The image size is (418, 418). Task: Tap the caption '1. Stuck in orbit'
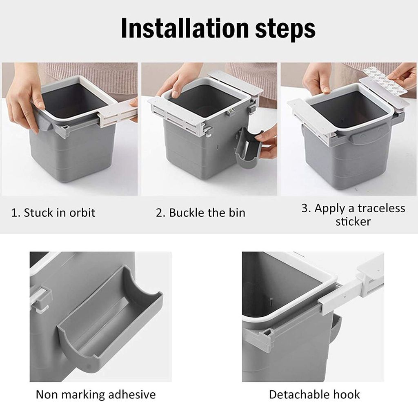(x=53, y=213)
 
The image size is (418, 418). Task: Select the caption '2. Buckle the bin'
(x=200, y=213)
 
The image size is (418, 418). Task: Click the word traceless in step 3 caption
(x=381, y=208)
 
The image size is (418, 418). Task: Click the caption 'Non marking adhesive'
(x=96, y=395)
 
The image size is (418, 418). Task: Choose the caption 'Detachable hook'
(x=314, y=395)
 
